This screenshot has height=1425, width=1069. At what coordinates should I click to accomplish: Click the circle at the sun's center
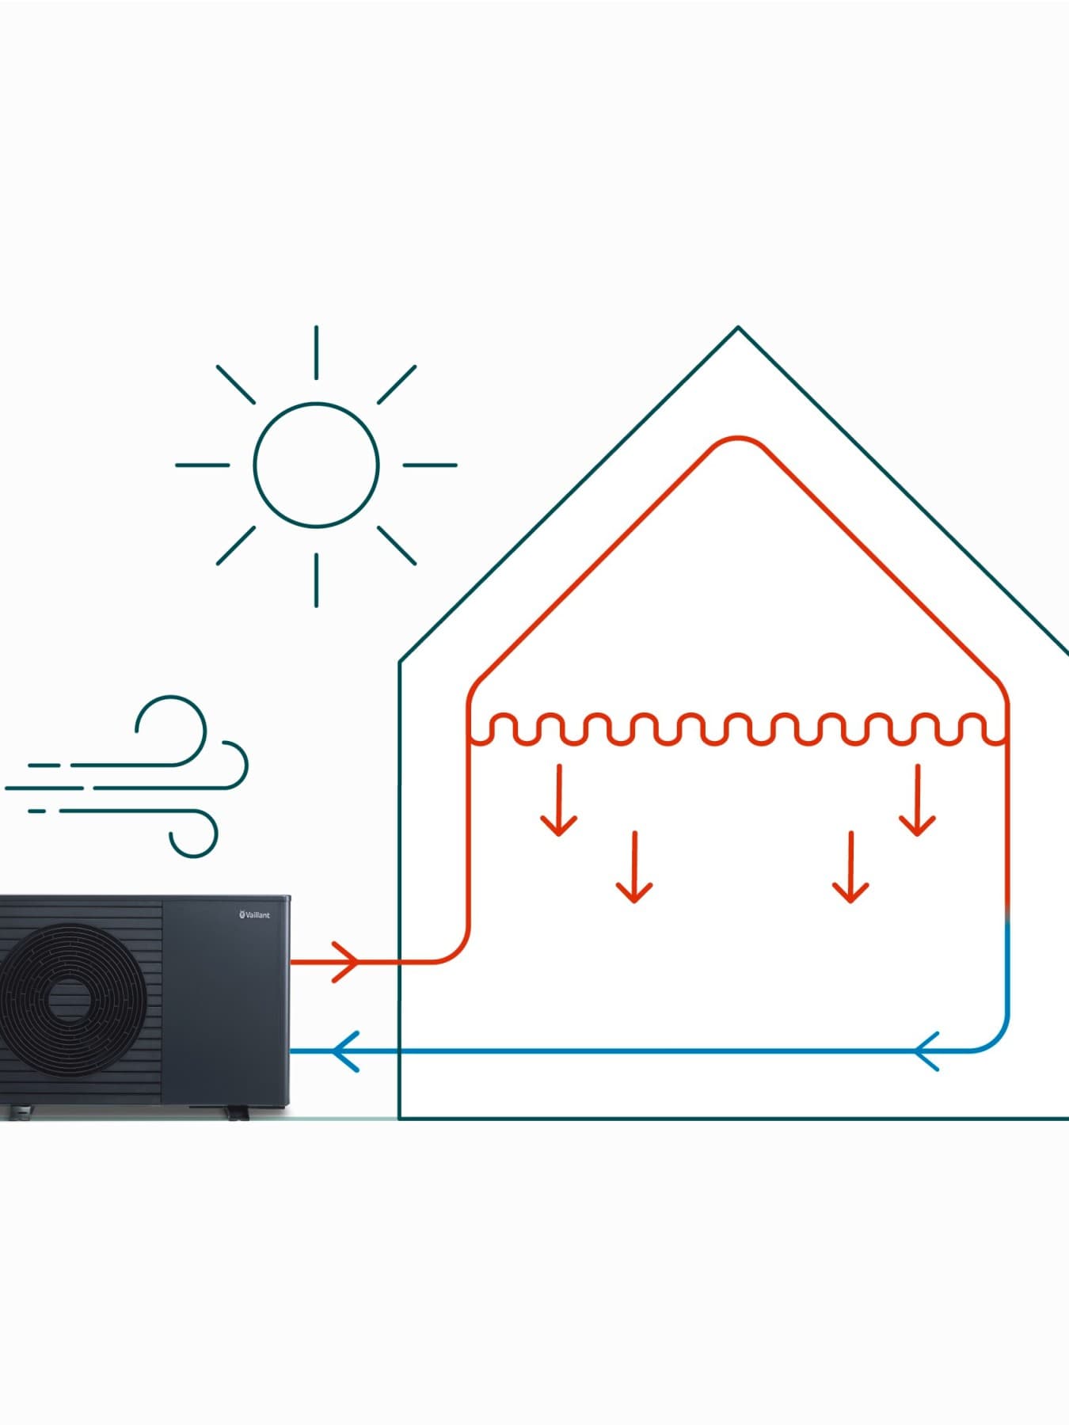click(x=316, y=404)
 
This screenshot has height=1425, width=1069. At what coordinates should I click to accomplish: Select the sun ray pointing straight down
click(x=316, y=580)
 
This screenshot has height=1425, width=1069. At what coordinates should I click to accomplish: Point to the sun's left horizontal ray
click(x=202, y=465)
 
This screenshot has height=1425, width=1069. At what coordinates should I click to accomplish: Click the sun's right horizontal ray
click(x=430, y=465)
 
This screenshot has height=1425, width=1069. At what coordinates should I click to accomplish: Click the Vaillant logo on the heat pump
click(x=254, y=915)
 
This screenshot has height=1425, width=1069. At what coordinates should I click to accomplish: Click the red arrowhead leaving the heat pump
click(x=346, y=962)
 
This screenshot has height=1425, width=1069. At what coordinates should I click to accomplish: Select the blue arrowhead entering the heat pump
click(x=345, y=1051)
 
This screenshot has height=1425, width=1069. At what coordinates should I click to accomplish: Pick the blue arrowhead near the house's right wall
click(x=926, y=1051)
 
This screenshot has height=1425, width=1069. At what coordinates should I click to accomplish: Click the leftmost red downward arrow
click(x=559, y=800)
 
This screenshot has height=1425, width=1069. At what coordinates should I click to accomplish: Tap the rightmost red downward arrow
click(x=918, y=800)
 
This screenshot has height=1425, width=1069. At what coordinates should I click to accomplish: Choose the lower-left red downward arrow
click(x=634, y=867)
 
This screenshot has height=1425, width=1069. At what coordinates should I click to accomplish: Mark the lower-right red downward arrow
click(x=851, y=867)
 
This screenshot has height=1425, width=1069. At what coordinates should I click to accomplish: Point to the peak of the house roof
click(x=738, y=327)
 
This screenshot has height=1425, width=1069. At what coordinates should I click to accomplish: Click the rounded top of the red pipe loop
click(x=738, y=438)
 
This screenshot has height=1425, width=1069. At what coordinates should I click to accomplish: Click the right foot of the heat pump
click(x=236, y=1112)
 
